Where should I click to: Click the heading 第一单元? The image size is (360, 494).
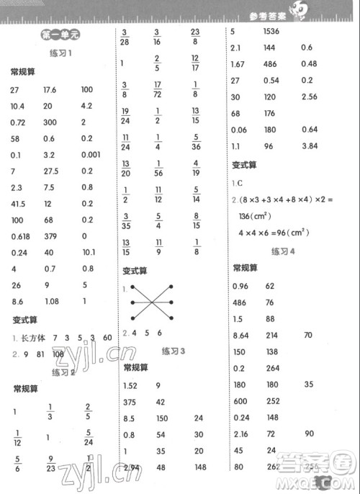point(55,34)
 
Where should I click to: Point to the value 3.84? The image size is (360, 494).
point(310,145)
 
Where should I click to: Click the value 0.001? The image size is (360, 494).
point(91,153)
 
